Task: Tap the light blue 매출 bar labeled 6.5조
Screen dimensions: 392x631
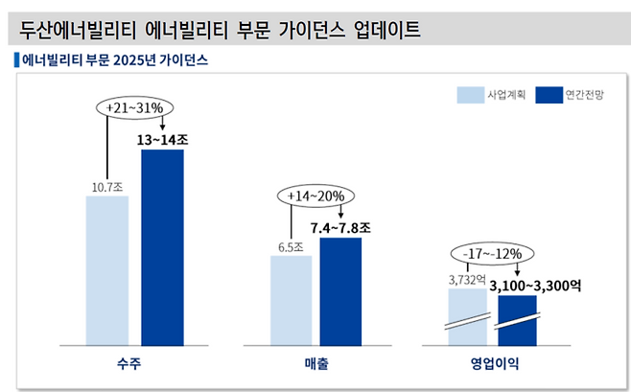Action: [291, 299]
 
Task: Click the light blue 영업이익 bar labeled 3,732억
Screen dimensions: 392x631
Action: [468, 316]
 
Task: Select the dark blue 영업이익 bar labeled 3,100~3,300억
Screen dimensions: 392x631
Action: [517, 320]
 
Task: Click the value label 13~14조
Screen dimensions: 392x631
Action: [163, 140]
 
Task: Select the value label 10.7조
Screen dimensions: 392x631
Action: [106, 188]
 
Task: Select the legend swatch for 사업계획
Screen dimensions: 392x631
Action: [470, 95]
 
